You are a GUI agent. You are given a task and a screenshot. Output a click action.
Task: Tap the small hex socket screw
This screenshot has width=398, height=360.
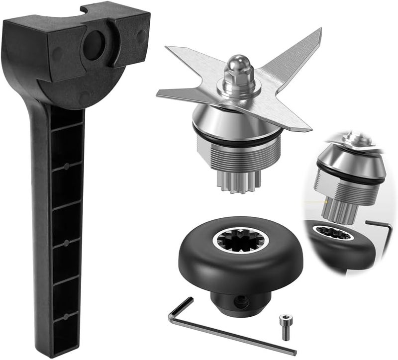[285, 327]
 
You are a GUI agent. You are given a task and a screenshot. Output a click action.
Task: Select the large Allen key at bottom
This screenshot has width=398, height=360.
[234, 333]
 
